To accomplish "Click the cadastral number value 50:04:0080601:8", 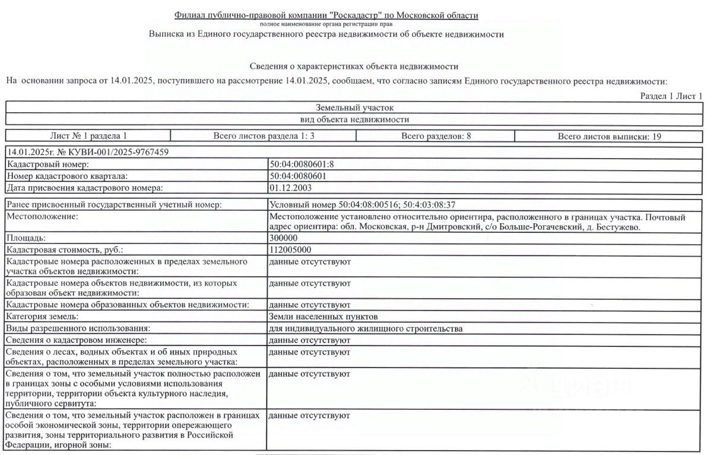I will [305, 165].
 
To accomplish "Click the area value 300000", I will [283, 238].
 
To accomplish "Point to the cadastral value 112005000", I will [290, 250].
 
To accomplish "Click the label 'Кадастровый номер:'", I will [47, 165].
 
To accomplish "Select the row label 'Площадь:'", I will [26, 238].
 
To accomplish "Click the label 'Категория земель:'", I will [43, 317].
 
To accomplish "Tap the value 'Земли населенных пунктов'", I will [323, 317].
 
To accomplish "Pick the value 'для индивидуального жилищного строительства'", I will [366, 328].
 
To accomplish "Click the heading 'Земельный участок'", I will [354, 108].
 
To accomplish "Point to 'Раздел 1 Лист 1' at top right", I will [671, 96].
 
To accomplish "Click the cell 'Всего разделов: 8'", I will [436, 136].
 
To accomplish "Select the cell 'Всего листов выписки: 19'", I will [609, 136].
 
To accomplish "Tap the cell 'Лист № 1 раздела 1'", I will [88, 136].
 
